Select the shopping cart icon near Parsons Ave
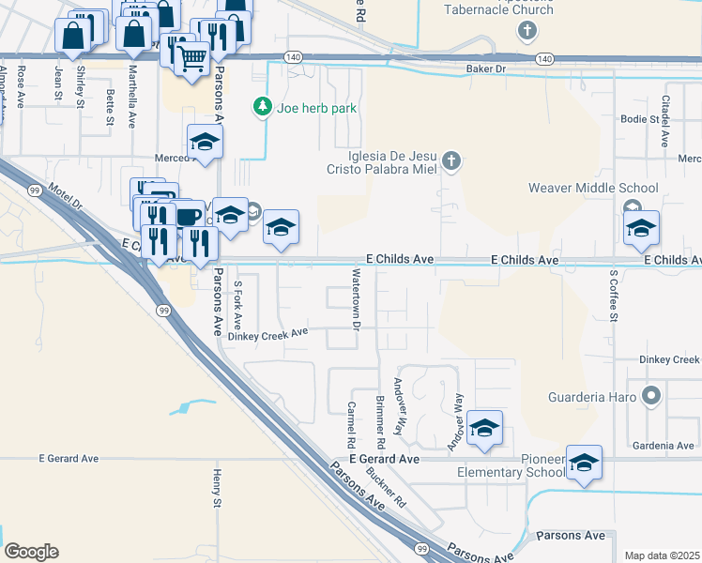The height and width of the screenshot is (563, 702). coord(192,59)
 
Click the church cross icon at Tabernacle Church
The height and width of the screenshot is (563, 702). coord(527,31)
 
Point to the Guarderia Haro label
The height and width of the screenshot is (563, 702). coord(588,397)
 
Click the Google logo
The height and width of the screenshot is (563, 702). coord(31,552)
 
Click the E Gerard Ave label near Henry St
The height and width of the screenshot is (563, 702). coord(69,459)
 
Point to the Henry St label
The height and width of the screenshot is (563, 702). coord(217,489)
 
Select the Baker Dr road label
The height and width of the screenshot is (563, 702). coord(486,69)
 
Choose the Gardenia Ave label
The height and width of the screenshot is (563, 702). coord(663,446)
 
